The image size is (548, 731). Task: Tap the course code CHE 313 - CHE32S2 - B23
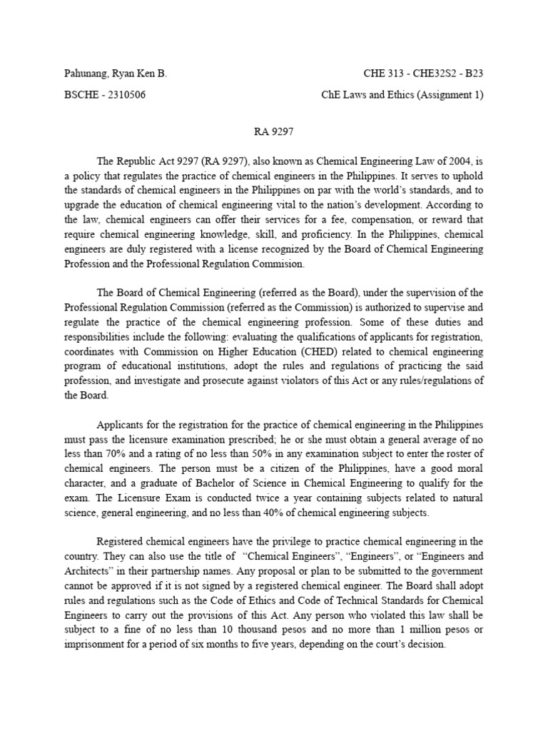pyautogui.click(x=424, y=74)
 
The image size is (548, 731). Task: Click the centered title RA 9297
pyautogui.click(x=274, y=133)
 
